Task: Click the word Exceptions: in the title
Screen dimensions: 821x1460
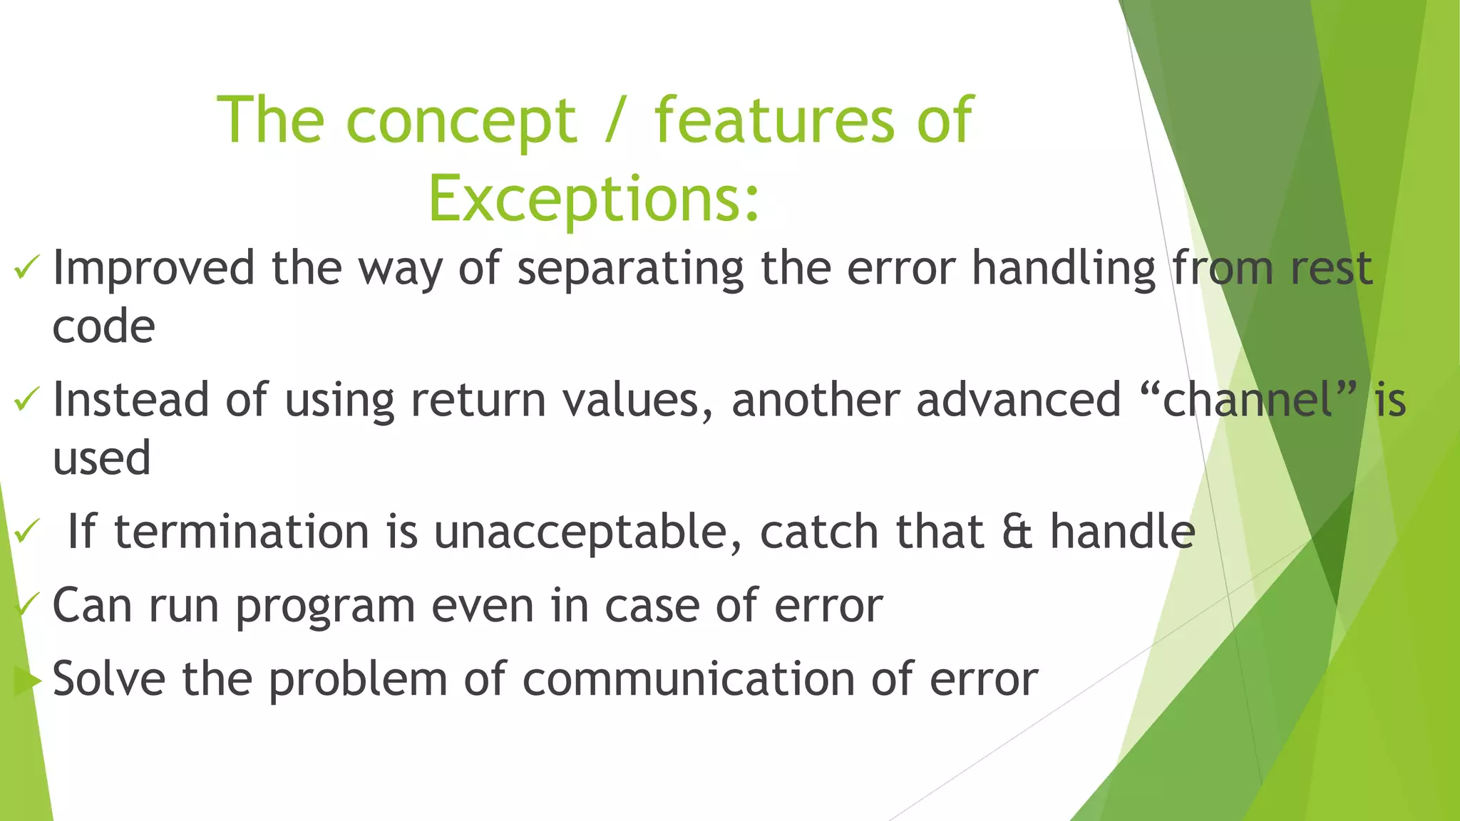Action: click(x=594, y=199)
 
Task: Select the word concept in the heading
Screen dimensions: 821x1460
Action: click(x=461, y=121)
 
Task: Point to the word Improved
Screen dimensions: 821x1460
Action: click(x=153, y=269)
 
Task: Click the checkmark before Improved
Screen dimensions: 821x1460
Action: click(x=26, y=269)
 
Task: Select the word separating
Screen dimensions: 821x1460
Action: click(x=630, y=270)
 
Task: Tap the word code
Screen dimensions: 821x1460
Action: click(x=104, y=327)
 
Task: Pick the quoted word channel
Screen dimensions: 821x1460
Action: click(x=1248, y=399)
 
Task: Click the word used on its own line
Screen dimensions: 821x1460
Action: click(x=102, y=458)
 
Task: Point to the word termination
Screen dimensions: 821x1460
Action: click(x=242, y=532)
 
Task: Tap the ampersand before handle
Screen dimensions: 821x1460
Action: click(x=1017, y=532)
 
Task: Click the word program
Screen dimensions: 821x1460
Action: click(x=325, y=608)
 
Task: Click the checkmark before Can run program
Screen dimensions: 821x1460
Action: click(x=27, y=606)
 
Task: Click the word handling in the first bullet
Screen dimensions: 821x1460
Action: click(x=1064, y=270)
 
